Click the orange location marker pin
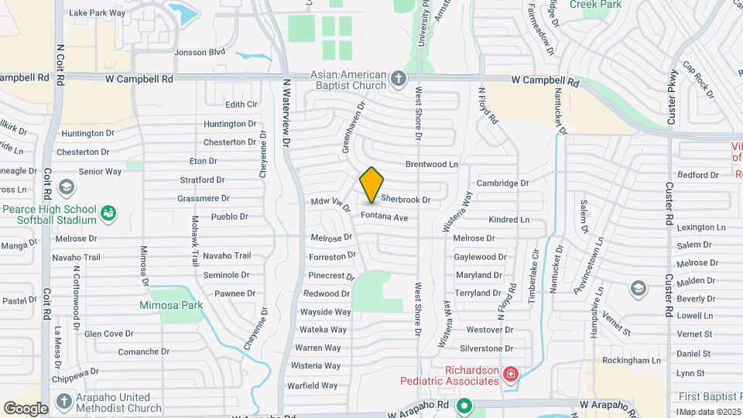[372, 184]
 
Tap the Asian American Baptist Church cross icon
[398, 78]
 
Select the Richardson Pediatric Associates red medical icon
[509, 375]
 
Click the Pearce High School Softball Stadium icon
[108, 212]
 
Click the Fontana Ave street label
[382, 218]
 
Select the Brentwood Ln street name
[432, 165]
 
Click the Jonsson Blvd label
[200, 53]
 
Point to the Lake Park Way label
[97, 13]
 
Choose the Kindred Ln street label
[508, 220]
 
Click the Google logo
[26, 408]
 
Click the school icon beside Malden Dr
[638, 289]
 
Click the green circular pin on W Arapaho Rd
[464, 406]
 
